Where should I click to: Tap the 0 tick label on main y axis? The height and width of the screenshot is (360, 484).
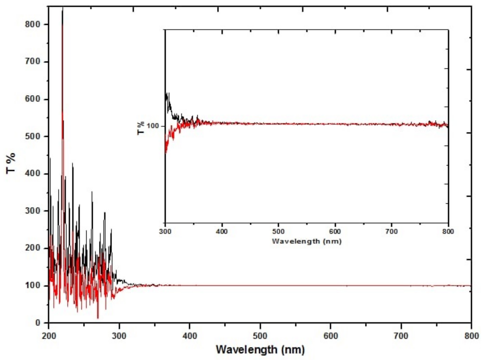38,323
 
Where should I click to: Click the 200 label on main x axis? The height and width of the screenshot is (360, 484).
48,336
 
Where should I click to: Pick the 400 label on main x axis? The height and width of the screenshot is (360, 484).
189,336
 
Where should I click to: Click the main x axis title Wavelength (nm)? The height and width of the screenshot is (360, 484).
260,350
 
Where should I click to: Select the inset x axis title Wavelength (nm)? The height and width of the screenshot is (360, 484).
307,241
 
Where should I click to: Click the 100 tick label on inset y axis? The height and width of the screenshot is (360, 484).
153,126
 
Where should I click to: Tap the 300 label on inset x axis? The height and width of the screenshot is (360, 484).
165,232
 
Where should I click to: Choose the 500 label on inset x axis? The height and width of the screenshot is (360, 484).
278,232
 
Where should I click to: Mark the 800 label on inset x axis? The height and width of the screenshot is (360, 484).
448,232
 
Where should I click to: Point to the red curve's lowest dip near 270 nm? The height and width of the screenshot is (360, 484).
98,318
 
